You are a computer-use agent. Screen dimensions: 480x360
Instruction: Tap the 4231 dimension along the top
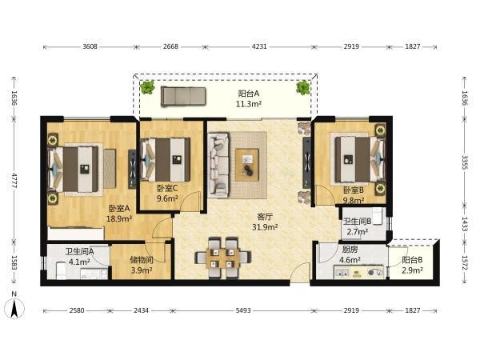[259, 46]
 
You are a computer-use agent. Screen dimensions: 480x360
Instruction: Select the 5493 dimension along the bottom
[243, 310]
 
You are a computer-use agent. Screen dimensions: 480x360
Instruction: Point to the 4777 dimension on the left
[14, 181]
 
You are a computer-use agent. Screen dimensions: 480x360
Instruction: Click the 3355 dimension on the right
[464, 162]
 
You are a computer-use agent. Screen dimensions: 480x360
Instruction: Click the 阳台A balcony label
[249, 94]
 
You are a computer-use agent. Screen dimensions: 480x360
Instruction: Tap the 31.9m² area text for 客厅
[265, 227]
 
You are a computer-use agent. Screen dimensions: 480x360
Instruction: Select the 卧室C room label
[167, 188]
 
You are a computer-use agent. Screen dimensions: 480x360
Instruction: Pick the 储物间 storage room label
[142, 260]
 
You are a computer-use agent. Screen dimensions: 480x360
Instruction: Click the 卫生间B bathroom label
[358, 221]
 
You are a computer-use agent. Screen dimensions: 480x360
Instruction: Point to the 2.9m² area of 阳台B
[412, 270]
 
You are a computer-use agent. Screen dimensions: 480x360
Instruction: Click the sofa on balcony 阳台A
[183, 96]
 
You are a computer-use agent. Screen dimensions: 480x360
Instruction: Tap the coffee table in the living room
[247, 164]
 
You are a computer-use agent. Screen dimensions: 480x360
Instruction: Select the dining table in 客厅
[222, 257]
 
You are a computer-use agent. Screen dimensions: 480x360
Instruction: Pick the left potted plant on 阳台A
[147, 87]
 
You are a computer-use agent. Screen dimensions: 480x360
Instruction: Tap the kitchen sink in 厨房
[342, 271]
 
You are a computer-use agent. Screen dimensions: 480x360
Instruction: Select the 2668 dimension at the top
[170, 46]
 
